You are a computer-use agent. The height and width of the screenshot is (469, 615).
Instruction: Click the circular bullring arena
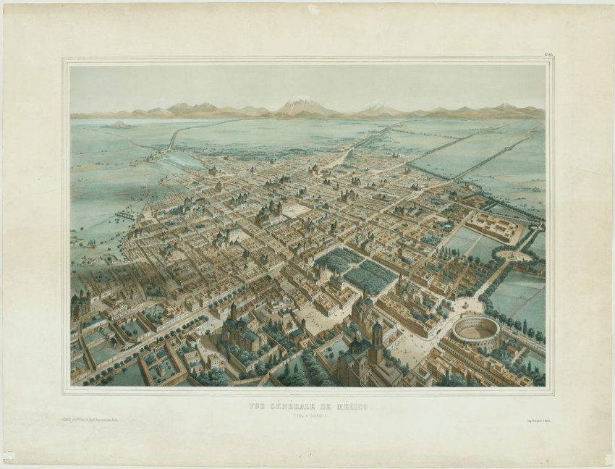[x=476, y=330]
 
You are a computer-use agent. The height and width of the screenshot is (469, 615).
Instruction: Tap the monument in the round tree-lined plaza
[x=514, y=255]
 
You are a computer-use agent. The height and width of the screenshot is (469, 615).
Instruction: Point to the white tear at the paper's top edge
[x=313, y=9]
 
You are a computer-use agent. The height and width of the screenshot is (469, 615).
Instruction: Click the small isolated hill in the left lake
[x=119, y=124]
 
